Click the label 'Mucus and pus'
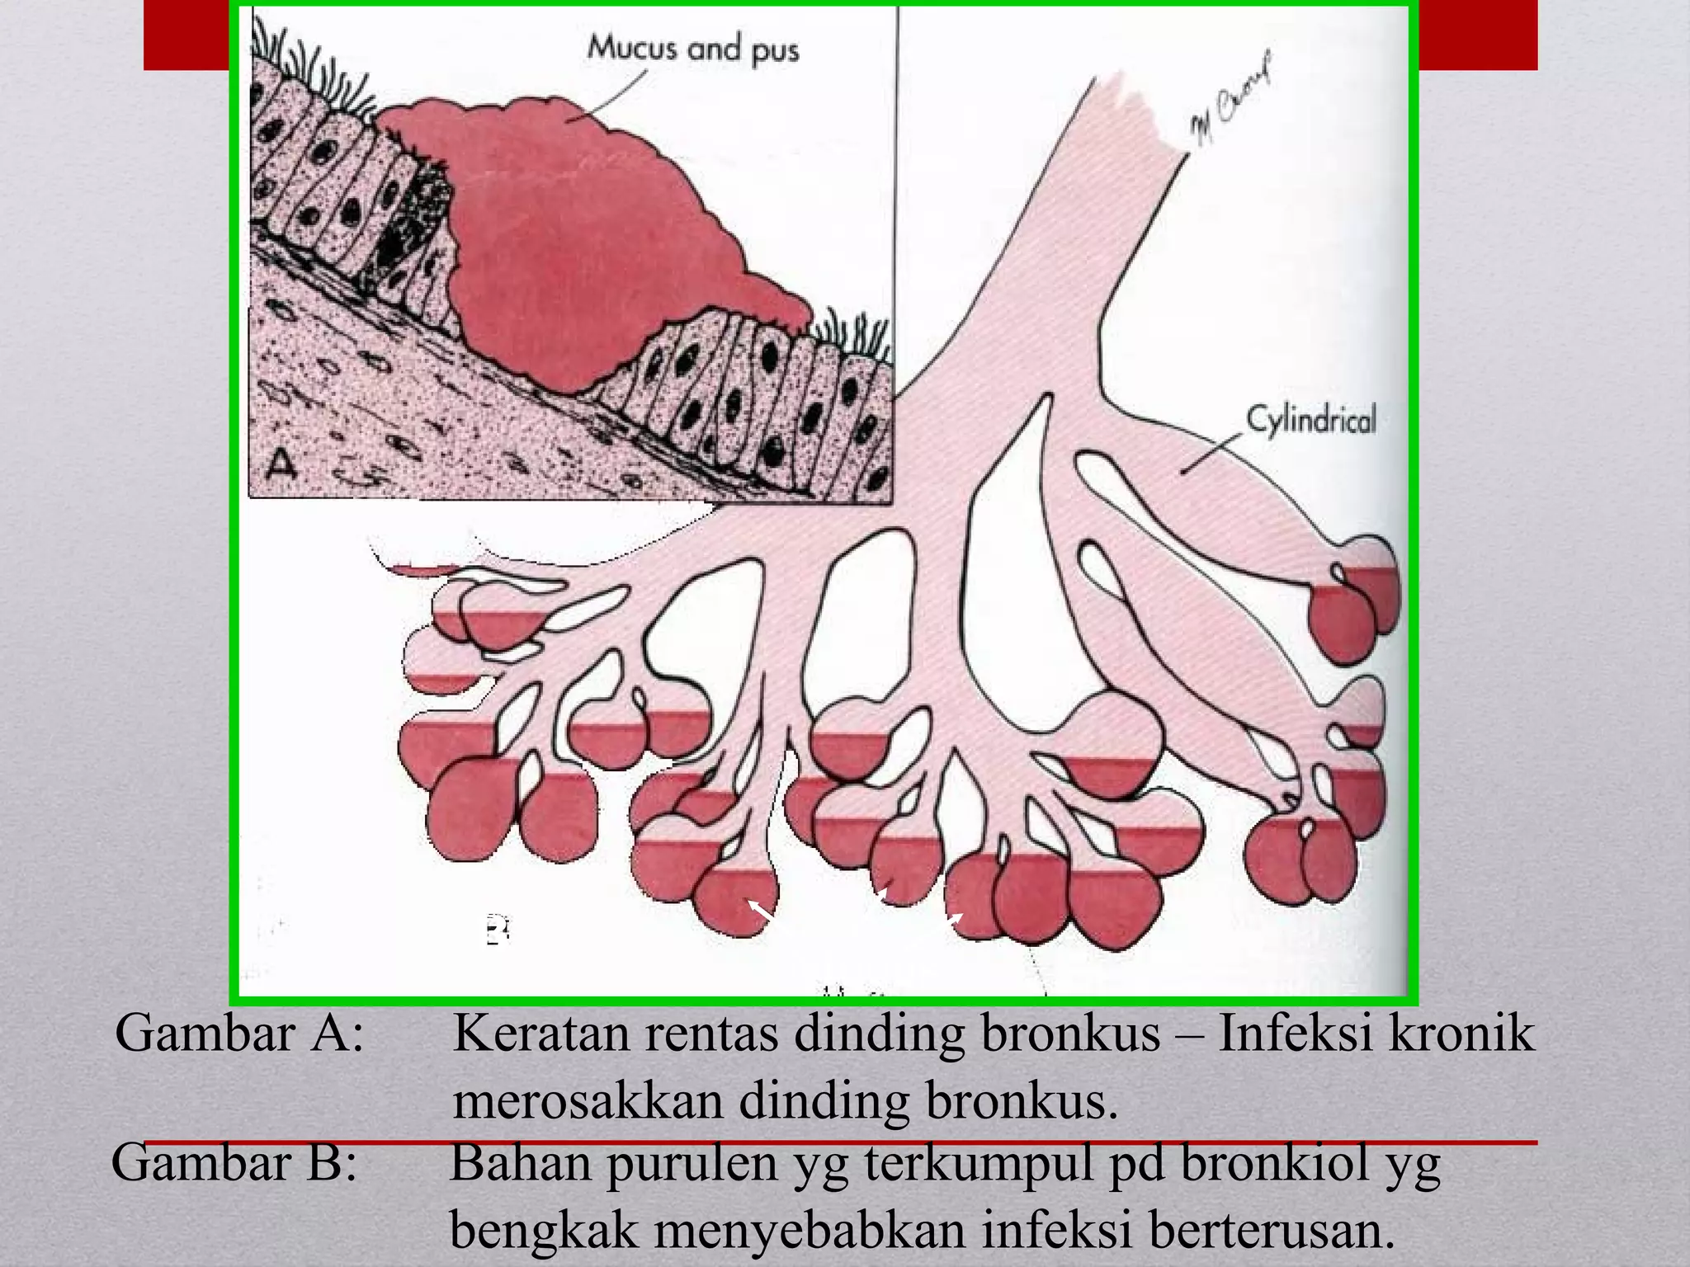[693, 49]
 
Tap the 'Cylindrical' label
[1310, 421]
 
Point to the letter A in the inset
[282, 464]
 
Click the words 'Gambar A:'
[239, 1033]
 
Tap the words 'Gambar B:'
[234, 1162]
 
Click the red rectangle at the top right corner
[1477, 35]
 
